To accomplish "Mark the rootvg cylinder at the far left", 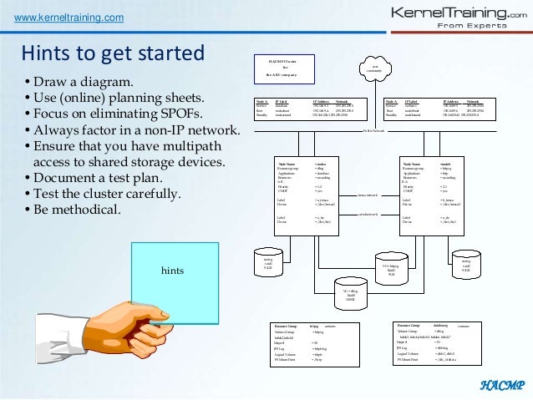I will [x=267, y=264].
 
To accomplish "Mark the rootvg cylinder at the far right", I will [x=466, y=264].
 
